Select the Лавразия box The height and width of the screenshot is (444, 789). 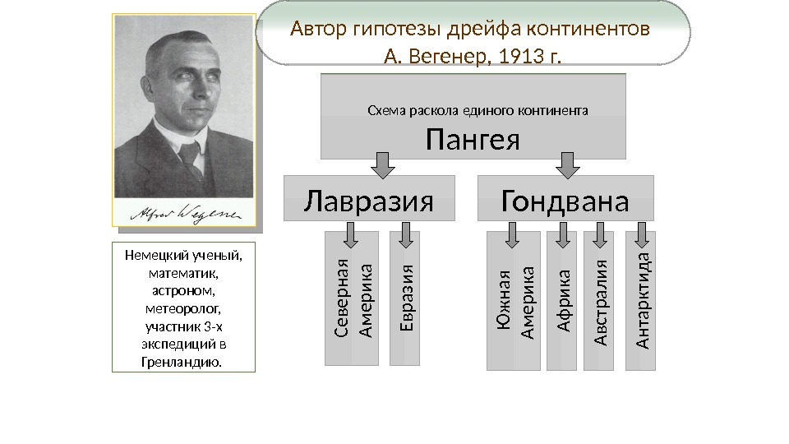(x=368, y=200)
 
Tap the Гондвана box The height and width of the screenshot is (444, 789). (x=565, y=200)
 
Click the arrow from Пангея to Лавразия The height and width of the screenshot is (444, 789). (x=383, y=164)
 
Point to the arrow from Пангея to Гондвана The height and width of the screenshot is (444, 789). (x=568, y=164)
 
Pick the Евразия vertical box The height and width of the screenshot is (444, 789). (x=404, y=298)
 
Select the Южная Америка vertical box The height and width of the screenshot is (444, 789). (x=513, y=301)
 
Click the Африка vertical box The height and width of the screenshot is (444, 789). (x=563, y=301)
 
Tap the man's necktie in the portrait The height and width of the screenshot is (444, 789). (x=191, y=160)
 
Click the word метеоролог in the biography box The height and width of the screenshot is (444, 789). (x=183, y=308)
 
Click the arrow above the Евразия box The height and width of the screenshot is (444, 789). (x=404, y=234)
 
